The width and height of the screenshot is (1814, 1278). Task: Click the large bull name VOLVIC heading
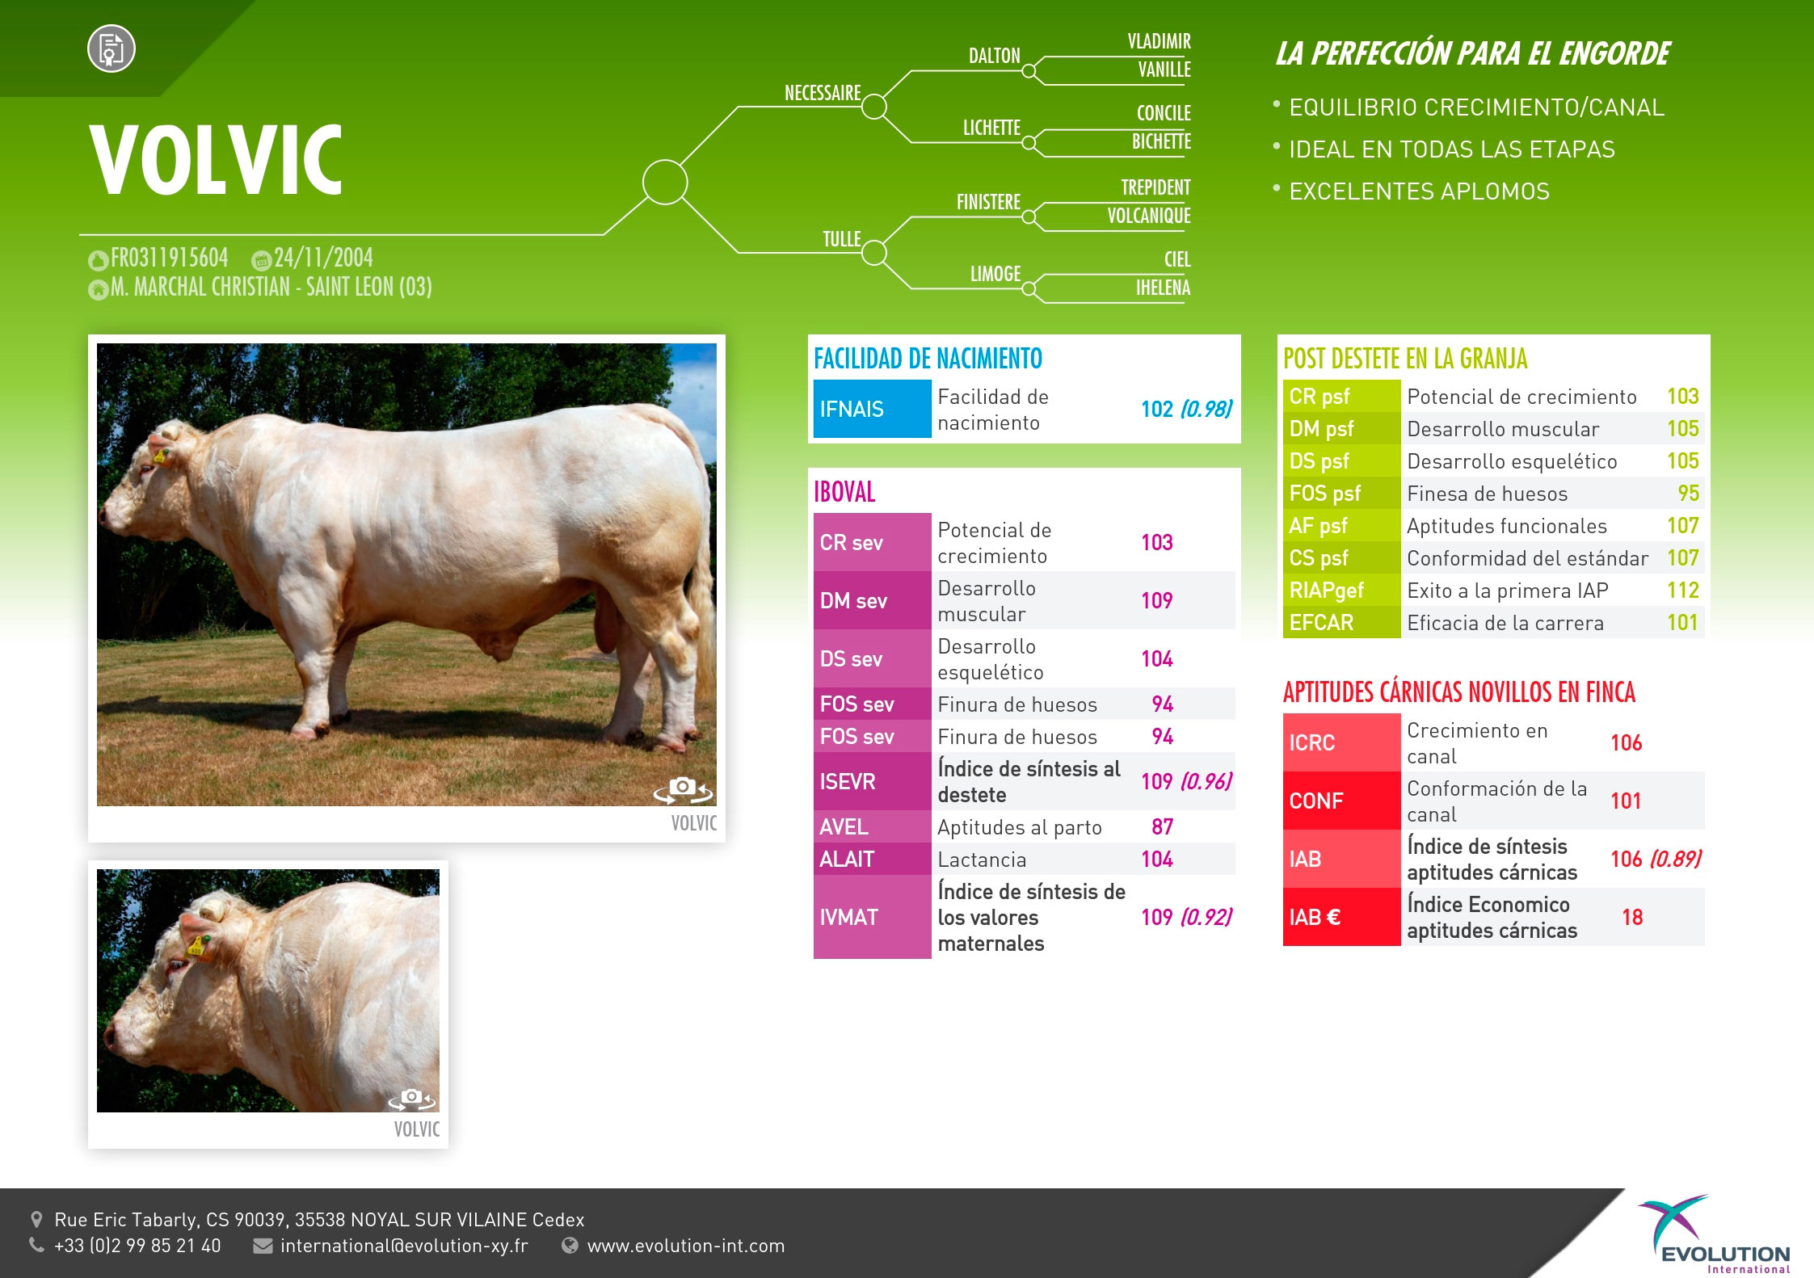pos(217,160)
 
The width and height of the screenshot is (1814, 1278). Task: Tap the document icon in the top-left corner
pos(112,48)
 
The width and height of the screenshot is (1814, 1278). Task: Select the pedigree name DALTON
pos(994,56)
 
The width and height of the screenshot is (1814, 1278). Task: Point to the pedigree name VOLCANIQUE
pos(1148,216)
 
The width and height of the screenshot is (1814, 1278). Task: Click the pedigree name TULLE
pos(841,239)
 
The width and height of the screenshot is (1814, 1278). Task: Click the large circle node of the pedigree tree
pos(665,183)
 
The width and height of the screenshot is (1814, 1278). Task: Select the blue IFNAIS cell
pos(872,409)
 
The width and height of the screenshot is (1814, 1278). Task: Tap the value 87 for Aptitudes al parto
pos(1162,826)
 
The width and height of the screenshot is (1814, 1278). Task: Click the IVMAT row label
pos(848,917)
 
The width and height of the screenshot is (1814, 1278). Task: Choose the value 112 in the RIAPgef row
pos(1682,591)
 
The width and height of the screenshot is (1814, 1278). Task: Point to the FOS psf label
pos(1324,494)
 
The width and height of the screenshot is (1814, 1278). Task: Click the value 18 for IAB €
pos(1631,917)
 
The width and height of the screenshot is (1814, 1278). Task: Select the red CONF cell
pos(1341,801)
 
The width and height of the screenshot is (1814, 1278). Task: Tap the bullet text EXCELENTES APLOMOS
pos(1419,191)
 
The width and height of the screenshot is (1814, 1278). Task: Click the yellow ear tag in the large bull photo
pos(158,456)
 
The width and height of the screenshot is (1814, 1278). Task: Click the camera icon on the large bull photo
pos(683,789)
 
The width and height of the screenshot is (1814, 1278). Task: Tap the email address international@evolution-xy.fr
pos(404,1246)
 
